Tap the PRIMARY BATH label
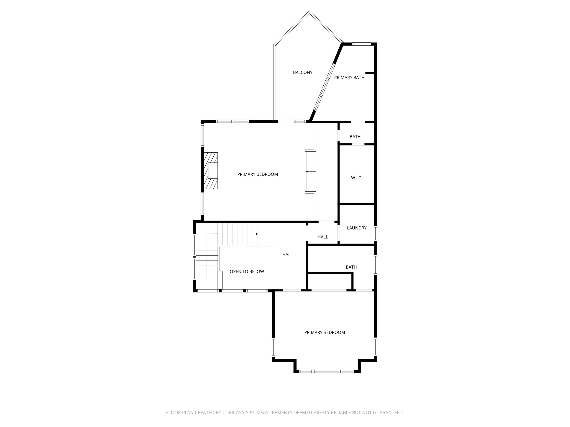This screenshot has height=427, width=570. point(349,77)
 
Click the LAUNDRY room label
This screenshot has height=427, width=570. point(357,228)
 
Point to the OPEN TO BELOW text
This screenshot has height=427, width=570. point(247,271)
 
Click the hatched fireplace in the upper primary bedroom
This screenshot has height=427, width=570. point(211,171)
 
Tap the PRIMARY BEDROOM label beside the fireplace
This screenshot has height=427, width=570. point(257,174)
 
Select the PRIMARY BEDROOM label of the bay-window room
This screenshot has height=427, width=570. point(324,332)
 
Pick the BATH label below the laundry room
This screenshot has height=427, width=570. point(351,267)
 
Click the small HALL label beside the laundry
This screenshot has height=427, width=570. point(323,237)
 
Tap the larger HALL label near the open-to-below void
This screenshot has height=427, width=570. point(287,255)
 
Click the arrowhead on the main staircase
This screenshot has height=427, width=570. point(257,234)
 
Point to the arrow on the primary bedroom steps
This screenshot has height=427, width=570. point(307,171)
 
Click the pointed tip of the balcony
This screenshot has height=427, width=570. point(309,12)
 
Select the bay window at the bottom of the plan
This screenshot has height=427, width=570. point(327,371)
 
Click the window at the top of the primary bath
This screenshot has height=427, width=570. point(361,44)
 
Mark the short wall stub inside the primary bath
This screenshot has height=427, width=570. point(370,73)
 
